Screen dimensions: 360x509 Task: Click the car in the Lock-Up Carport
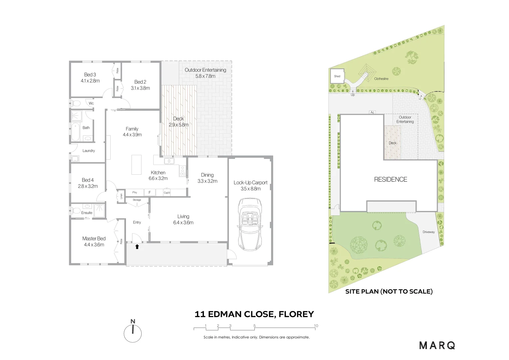(x=250, y=225)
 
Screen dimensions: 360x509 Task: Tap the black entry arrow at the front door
(x=137, y=247)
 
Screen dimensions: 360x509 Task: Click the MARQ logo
(x=437, y=345)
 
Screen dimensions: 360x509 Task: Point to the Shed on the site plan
(x=337, y=76)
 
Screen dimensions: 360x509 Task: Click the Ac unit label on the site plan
(x=372, y=112)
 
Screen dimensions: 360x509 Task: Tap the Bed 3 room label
(x=90, y=75)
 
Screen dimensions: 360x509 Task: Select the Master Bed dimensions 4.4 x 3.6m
(x=94, y=245)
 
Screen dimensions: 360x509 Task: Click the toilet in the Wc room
(x=76, y=103)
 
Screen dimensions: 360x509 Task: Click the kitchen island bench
(x=137, y=164)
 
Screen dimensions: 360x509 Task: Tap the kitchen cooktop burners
(x=183, y=171)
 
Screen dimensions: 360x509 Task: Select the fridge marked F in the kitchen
(x=150, y=192)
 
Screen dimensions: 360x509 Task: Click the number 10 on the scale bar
(x=316, y=326)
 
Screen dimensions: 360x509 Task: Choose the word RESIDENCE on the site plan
(x=390, y=179)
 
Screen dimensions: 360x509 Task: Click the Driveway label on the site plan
(x=428, y=232)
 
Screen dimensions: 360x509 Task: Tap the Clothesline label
(x=381, y=79)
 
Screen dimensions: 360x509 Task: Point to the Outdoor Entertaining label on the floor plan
(x=205, y=70)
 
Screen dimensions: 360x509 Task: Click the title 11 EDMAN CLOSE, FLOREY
(x=254, y=314)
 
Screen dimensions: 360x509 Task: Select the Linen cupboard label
(x=121, y=196)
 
